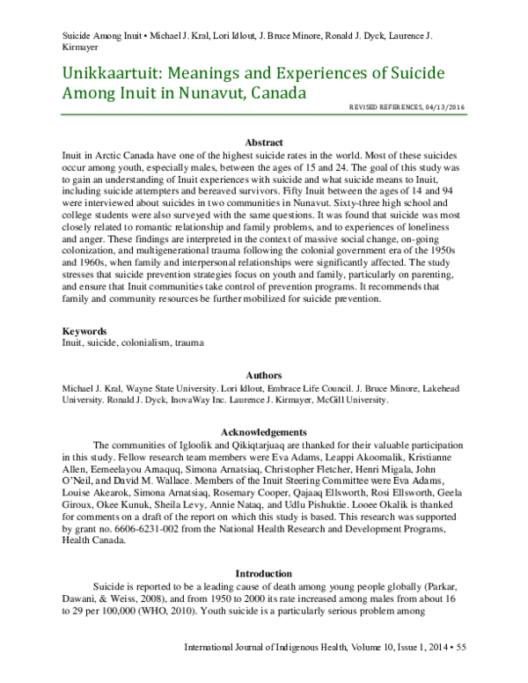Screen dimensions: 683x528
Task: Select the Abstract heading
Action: pos(263,143)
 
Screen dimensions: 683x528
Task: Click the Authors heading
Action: pos(263,374)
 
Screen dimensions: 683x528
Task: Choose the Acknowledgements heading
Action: pos(263,432)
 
